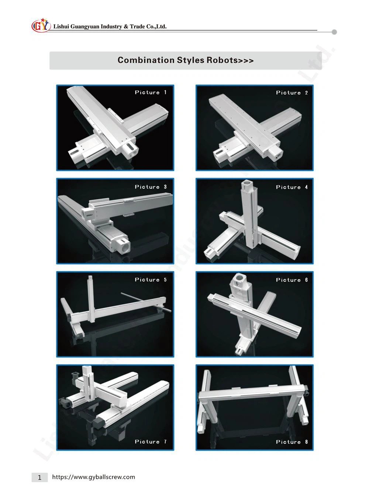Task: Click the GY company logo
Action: [x=41, y=25]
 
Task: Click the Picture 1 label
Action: [x=151, y=92]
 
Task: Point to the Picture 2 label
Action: [x=292, y=93]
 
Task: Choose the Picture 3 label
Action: [x=151, y=187]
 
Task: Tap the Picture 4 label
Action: [x=292, y=187]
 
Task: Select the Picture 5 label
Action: [x=151, y=279]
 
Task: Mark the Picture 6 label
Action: [x=292, y=280]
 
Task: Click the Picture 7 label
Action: [x=151, y=442]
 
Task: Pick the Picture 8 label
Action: [x=292, y=442]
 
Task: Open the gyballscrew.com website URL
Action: [x=94, y=477]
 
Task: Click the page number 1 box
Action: [x=39, y=477]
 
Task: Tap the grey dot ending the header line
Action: [x=334, y=32]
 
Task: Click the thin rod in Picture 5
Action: [x=146, y=302]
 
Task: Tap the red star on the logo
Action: [x=43, y=20]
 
